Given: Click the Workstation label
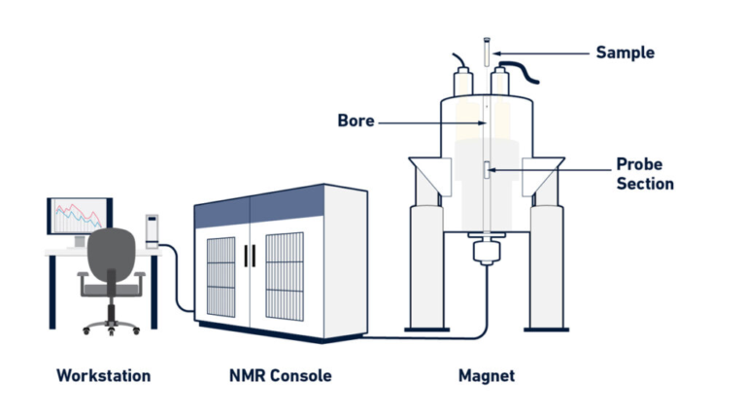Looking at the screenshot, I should click(103, 375).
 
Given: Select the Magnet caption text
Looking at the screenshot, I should click(486, 375).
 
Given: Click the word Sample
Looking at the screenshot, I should click(626, 51).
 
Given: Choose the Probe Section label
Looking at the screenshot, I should click(644, 172).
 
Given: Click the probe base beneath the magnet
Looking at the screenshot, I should click(486, 255).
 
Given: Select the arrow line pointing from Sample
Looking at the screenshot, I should click(540, 51).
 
